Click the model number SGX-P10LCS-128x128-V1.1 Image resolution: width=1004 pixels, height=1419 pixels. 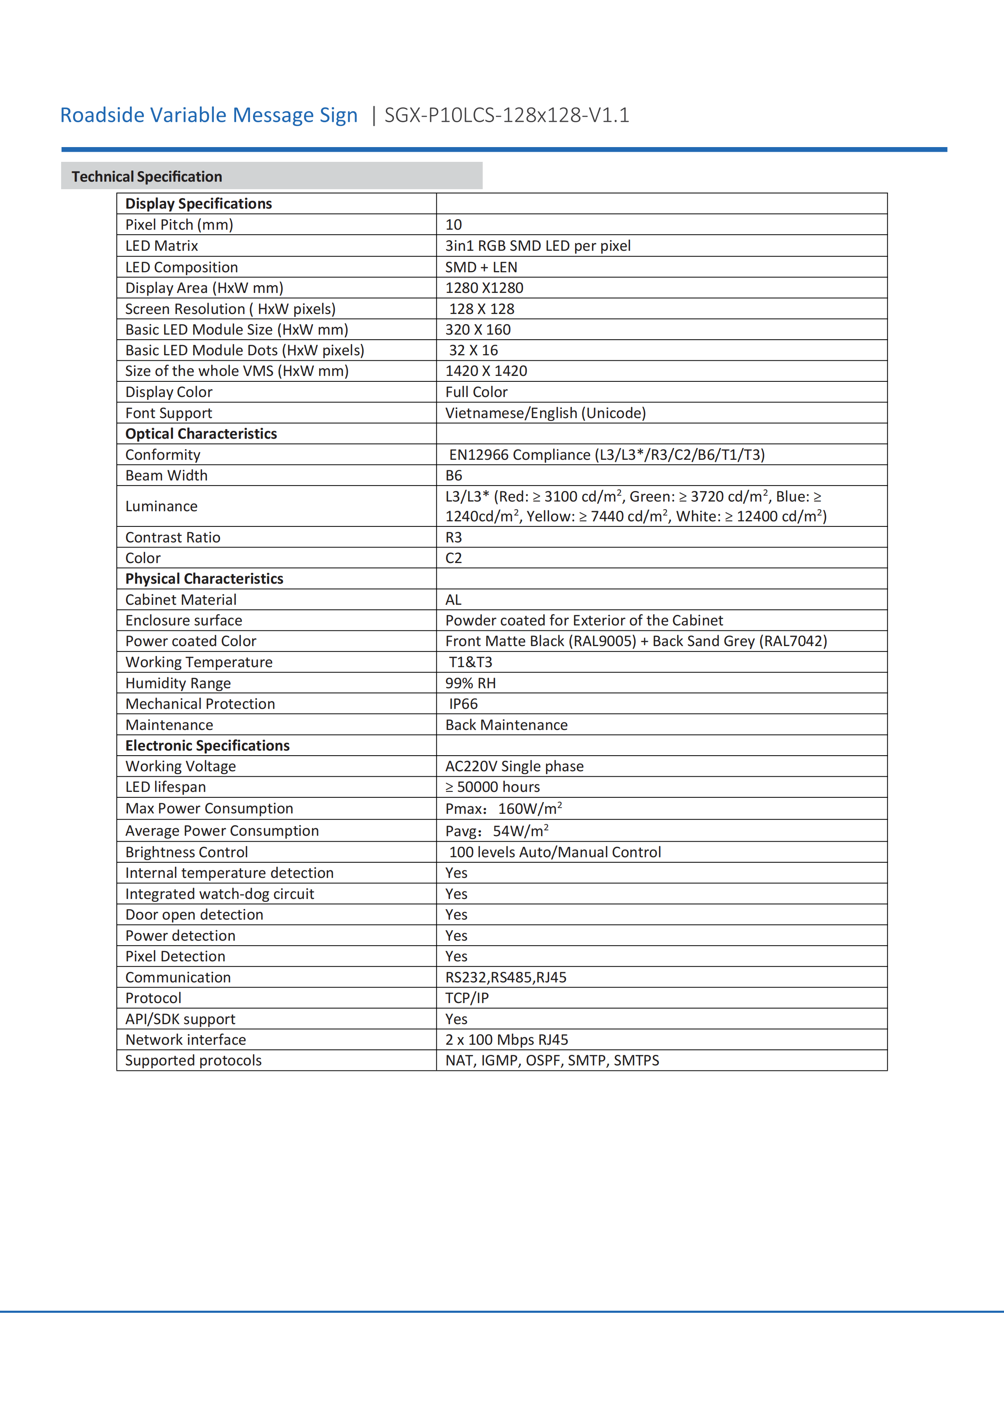[506, 115]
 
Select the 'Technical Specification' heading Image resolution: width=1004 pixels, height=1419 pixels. [146, 177]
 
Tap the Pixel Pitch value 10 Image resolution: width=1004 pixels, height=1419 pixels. [453, 225]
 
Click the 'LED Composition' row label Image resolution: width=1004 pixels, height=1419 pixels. [181, 267]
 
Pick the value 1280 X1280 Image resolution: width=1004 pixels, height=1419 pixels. [484, 288]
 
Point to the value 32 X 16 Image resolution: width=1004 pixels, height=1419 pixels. [473, 350]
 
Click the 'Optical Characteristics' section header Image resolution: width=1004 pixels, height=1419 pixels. [201, 434]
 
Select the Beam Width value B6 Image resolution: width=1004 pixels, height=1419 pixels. [453, 475]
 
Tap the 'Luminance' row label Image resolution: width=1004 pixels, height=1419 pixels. [162, 506]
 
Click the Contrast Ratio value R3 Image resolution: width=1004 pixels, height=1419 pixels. [453, 537]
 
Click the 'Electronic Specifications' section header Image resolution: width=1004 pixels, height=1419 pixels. [207, 746]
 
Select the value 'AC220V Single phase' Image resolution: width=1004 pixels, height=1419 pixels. [514, 766]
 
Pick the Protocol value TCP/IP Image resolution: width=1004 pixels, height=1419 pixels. [467, 998]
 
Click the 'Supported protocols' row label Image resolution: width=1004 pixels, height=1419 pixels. [194, 1060]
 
